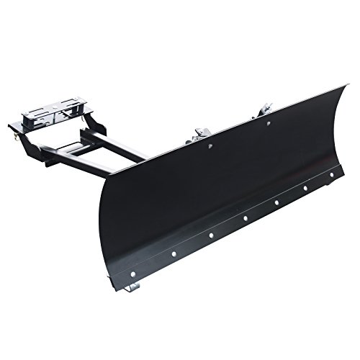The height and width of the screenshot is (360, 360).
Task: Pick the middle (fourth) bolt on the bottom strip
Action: pos(246,217)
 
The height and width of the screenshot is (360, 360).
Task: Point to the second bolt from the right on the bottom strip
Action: pos(307,188)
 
